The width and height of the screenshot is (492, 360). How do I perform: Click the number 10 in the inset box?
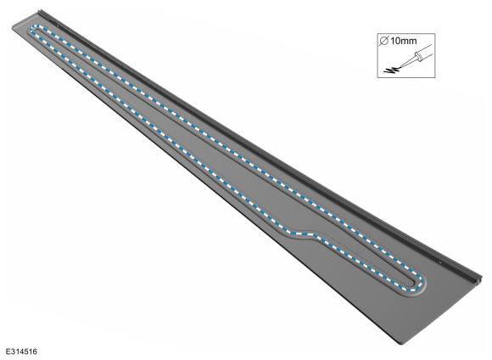point(395,41)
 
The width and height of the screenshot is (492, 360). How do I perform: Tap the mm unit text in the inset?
point(408,41)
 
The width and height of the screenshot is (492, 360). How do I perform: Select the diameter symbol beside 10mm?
point(384,41)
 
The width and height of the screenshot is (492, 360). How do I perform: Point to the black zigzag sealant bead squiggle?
point(392,70)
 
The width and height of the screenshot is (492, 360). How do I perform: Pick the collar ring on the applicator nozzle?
point(417,57)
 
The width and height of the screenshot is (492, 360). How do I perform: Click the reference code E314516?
point(21,352)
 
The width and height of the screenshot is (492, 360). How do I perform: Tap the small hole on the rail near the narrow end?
point(59,25)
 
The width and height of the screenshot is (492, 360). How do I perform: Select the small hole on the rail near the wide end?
point(440,262)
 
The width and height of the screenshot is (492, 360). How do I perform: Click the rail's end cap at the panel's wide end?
point(478,280)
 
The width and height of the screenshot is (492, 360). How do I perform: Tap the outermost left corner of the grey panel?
point(12,29)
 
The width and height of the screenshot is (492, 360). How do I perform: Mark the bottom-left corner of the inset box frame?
point(377,77)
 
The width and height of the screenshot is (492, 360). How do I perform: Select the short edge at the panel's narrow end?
point(25,20)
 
